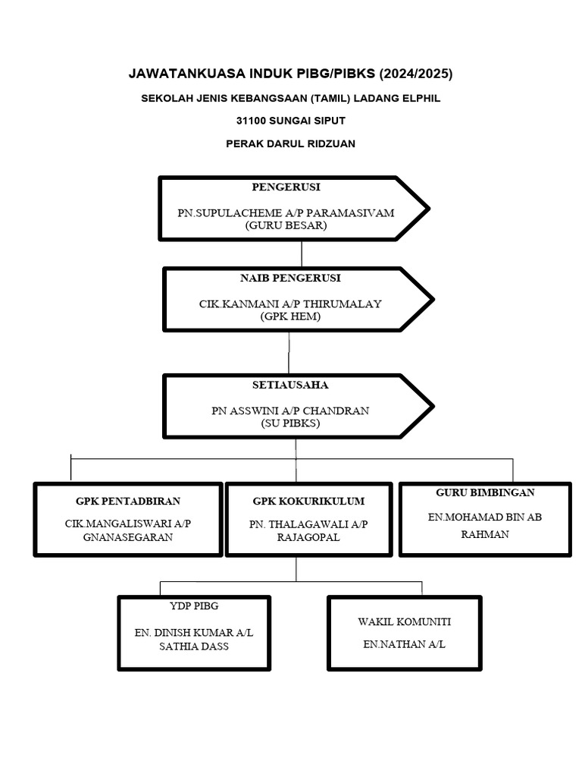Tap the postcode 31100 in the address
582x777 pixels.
point(253,121)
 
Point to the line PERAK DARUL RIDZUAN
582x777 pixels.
point(290,143)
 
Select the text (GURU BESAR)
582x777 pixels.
point(286,225)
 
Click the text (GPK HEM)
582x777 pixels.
point(290,316)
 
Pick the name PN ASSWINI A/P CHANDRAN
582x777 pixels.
point(290,411)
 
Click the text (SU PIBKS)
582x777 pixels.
point(290,423)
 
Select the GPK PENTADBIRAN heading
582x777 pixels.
point(128,502)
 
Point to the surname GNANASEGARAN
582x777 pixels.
point(128,537)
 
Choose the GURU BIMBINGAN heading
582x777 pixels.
point(485,492)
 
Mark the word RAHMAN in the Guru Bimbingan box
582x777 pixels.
point(485,534)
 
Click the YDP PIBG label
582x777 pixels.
point(194,607)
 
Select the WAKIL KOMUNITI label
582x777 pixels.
point(404,621)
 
